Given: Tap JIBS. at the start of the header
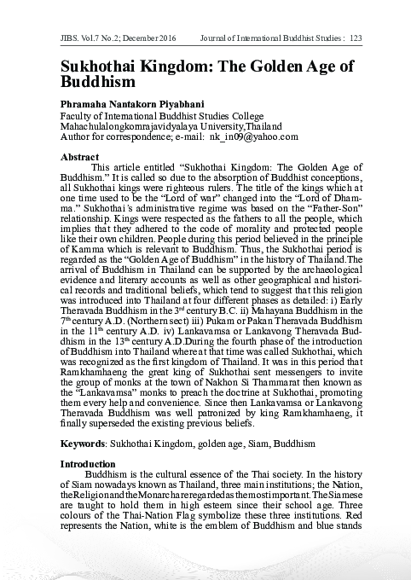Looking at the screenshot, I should click(72, 38).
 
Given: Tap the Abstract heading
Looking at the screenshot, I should click(79, 158).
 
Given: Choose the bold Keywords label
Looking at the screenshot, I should click(83, 445).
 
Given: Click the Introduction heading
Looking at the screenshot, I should click(90, 465).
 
